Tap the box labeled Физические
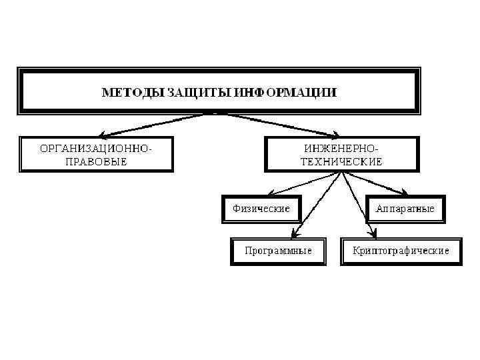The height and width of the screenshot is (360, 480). pyautogui.click(x=261, y=209)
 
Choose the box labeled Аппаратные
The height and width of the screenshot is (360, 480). pyautogui.click(x=405, y=209)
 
